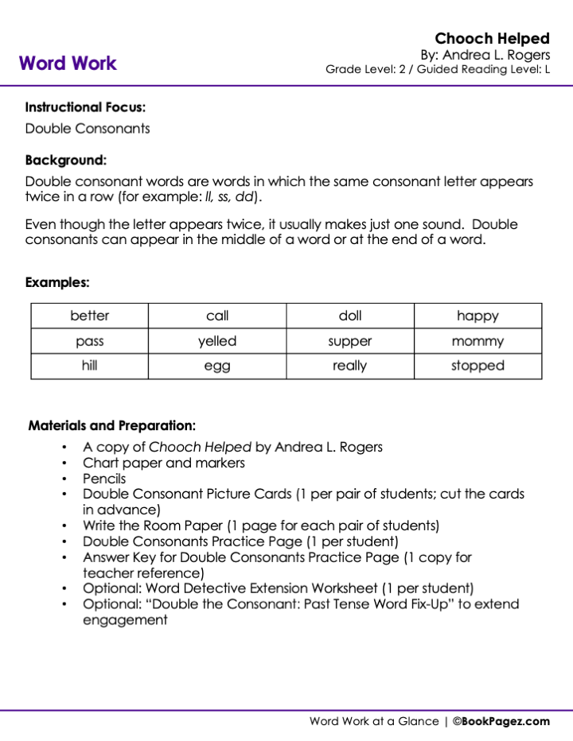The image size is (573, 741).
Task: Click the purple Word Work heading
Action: pos(68,64)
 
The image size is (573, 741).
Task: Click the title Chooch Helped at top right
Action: pos(492,38)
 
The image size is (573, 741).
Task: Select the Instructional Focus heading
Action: pos(85,107)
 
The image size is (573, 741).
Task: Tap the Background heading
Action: pos(65,160)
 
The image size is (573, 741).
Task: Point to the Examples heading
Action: pos(57,282)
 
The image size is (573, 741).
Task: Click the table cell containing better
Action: pos(90,316)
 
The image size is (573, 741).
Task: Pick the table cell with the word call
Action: pos(217,316)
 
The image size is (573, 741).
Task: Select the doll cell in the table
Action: pos(350,316)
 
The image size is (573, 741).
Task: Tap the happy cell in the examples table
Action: pos(477,316)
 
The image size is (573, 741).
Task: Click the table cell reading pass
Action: pos(90,341)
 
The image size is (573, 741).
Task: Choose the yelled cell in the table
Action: pos(217,341)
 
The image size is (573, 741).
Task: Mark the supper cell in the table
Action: pos(350,341)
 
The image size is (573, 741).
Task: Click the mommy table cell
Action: pos(477,341)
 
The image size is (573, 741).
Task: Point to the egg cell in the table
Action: pos(217,366)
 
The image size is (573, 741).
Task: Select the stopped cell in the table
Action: pos(477,366)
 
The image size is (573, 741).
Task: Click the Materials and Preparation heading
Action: pos(112,425)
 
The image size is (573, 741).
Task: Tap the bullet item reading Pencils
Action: pos(104,479)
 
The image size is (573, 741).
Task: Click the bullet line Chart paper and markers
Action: pos(164,463)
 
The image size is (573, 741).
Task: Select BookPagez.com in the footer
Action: pos(506,721)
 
